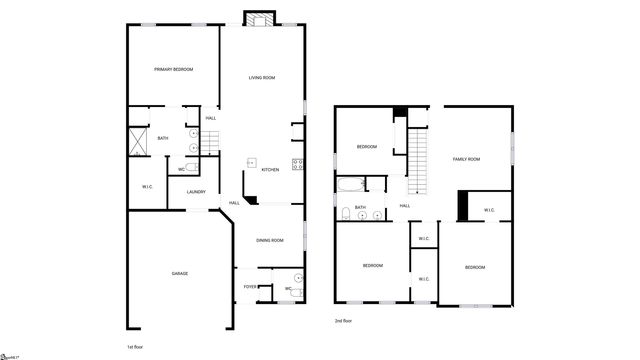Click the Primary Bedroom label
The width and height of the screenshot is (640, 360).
coord(173,69)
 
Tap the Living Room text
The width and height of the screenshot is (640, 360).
coord(262,77)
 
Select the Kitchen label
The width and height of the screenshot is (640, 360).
coord(270,170)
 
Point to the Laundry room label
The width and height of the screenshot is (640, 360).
coord(196,192)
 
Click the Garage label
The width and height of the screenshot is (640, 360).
coord(179,273)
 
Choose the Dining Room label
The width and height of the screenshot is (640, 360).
coord(270,240)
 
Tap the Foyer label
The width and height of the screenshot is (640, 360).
coord(250,287)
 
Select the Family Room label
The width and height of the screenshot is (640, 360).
coord(466,159)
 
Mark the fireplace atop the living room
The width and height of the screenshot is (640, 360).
coord(262,19)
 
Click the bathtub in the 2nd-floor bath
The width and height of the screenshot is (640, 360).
coord(351,184)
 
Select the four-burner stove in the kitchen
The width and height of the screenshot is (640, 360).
coord(298,164)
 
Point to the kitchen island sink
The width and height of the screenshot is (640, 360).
coord(251,161)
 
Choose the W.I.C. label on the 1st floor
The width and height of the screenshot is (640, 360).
coord(146,186)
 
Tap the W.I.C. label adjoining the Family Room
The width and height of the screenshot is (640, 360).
coord(489,210)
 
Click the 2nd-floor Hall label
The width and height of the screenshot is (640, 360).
coord(405,206)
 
